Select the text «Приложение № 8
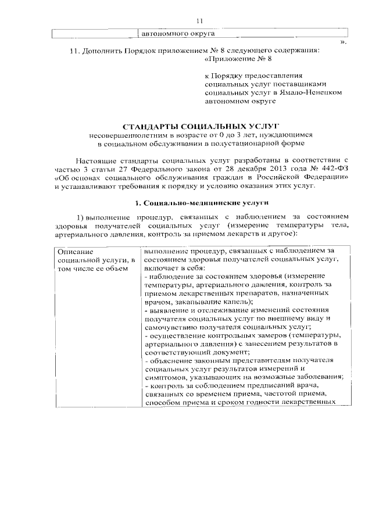pyautogui.click(x=238, y=59)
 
